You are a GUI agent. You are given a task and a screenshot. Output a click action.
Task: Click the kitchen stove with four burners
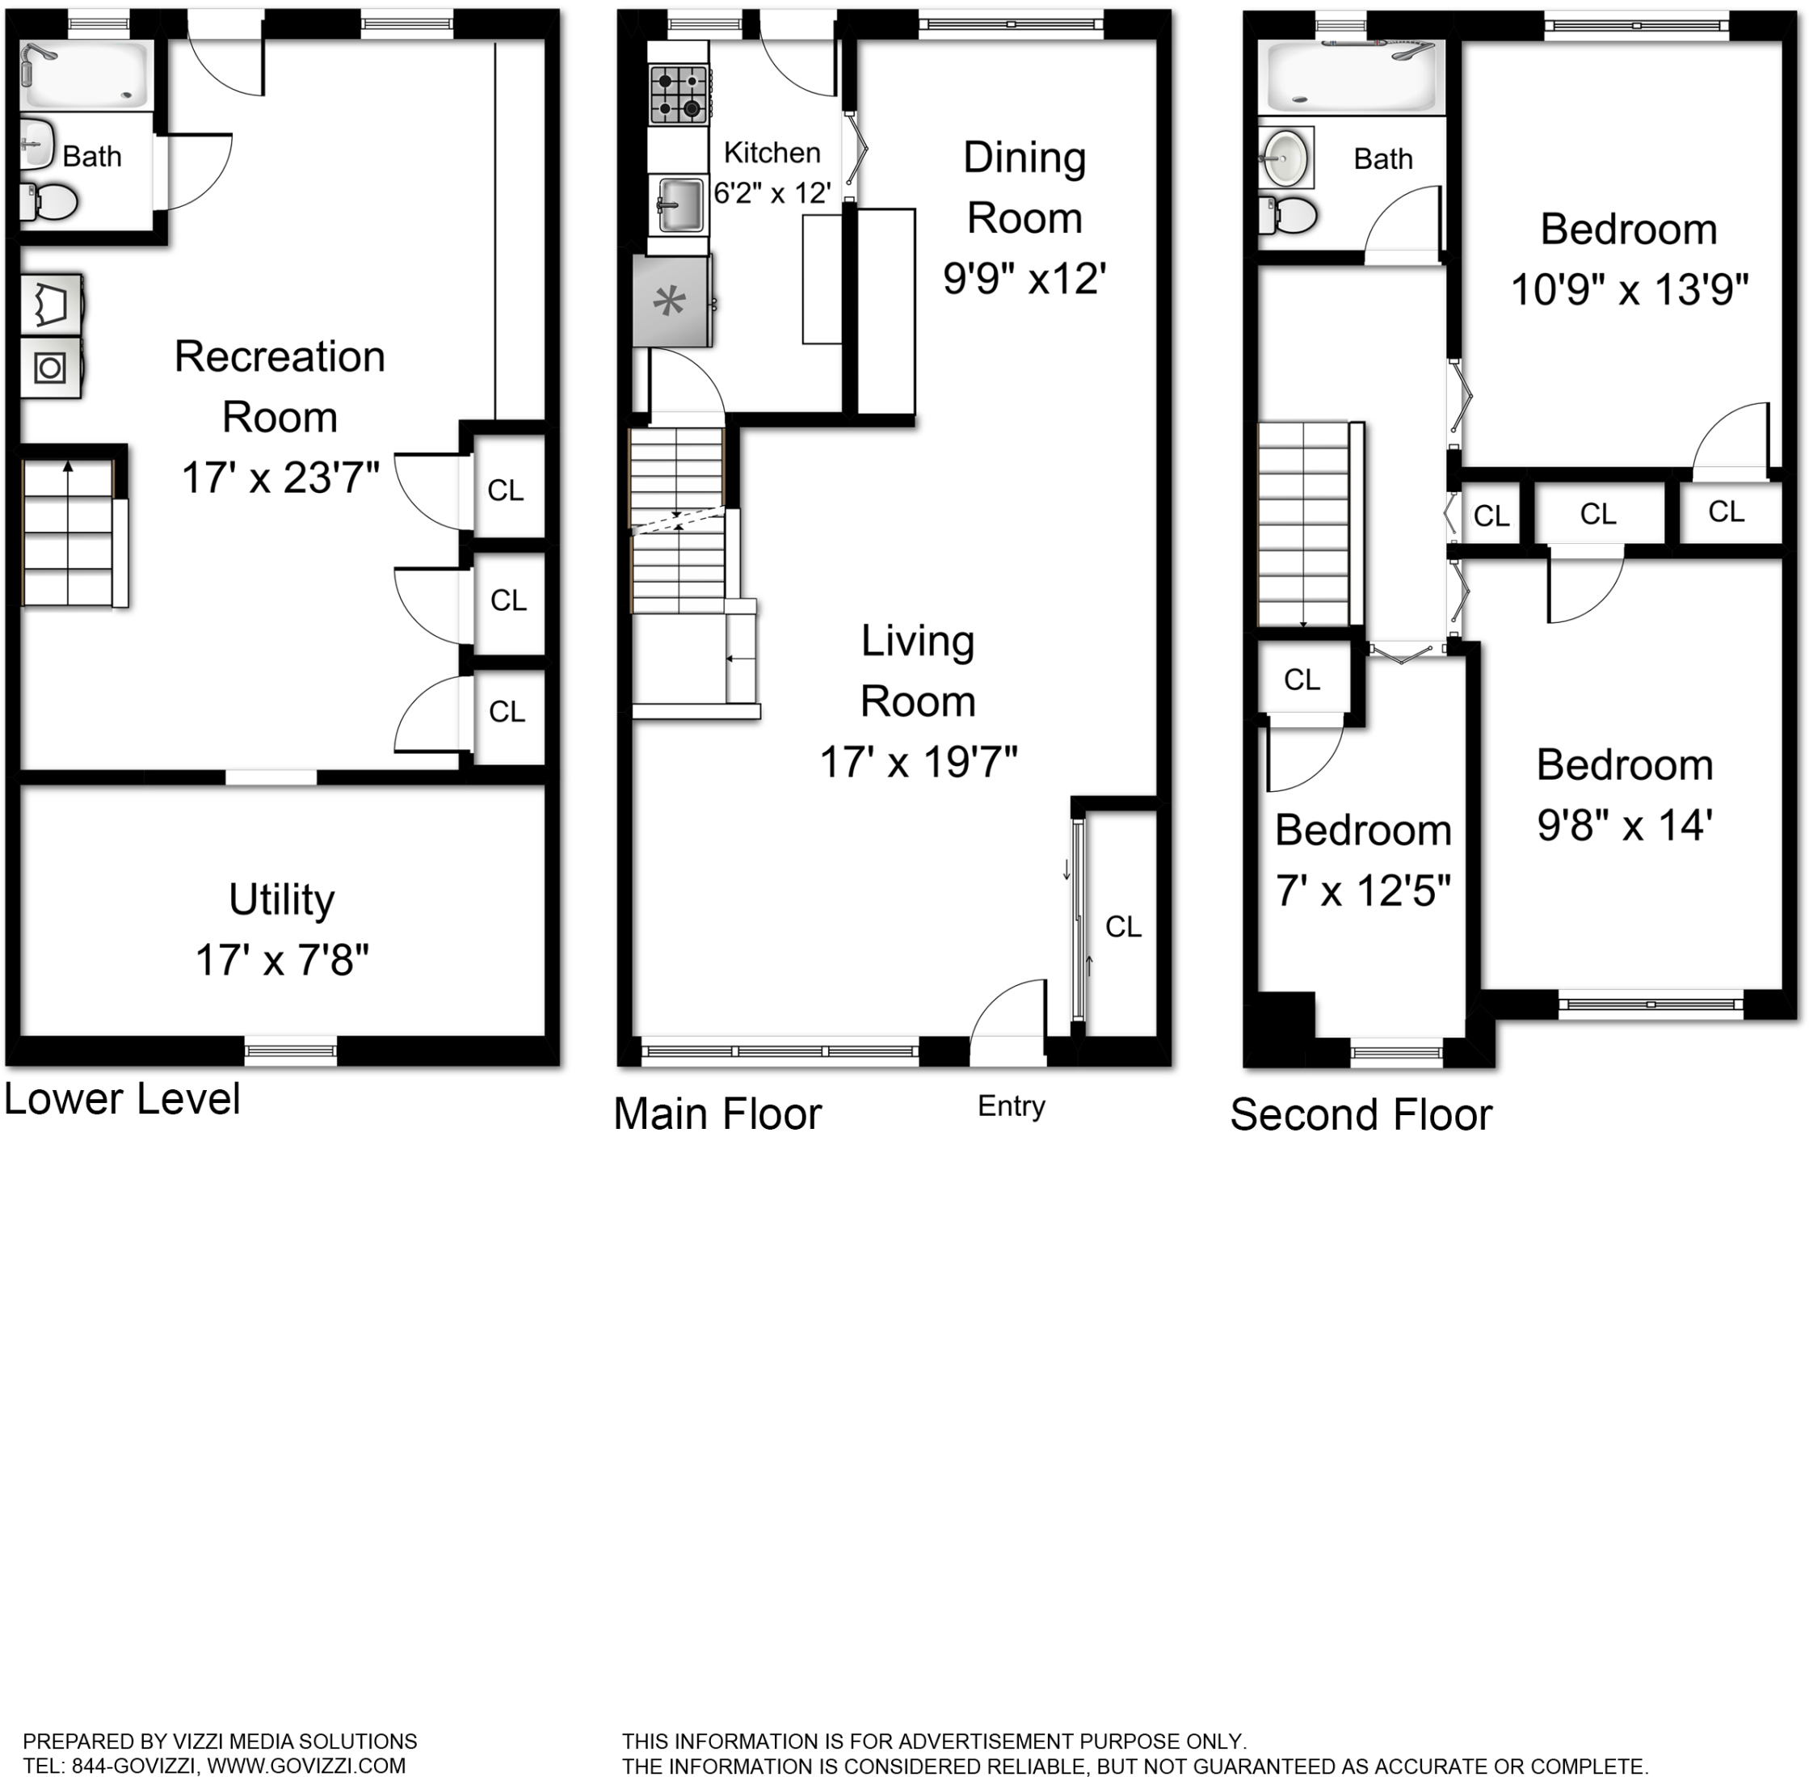click(x=678, y=95)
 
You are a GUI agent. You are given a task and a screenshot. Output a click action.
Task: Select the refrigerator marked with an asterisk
click(x=671, y=301)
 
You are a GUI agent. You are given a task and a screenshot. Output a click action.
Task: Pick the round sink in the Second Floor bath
click(x=1285, y=158)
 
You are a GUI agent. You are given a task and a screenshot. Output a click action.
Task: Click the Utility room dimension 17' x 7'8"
click(x=282, y=960)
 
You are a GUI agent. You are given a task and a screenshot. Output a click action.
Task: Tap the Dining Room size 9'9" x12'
click(x=1024, y=278)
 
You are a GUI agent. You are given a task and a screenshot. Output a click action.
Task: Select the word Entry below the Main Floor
click(x=1012, y=1106)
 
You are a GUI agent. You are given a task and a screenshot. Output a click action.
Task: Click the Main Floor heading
click(x=717, y=1114)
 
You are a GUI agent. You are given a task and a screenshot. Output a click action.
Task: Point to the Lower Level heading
click(x=122, y=1098)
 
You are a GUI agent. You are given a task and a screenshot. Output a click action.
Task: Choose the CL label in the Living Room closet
click(x=1123, y=927)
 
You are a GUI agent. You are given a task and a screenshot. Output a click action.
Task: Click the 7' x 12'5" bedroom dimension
click(x=1363, y=891)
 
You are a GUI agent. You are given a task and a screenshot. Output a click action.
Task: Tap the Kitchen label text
click(x=772, y=152)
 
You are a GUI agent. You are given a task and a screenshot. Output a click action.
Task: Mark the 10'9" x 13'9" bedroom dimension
click(x=1629, y=289)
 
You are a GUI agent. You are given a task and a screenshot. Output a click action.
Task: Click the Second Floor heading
click(x=1361, y=1114)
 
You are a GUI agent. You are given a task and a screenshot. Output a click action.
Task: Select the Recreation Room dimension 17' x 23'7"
click(x=280, y=478)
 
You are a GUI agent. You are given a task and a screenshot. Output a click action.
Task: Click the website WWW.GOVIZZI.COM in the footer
click(x=306, y=1766)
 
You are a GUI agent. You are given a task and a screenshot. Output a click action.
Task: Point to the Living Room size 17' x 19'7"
click(x=918, y=763)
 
